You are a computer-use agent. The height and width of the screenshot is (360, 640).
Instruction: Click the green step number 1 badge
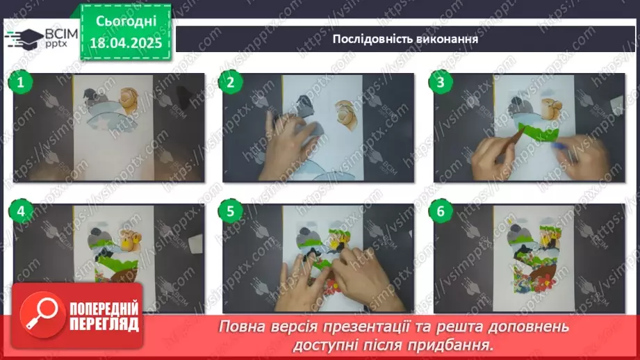tap(21, 83)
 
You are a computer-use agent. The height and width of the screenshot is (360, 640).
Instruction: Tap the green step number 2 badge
tap(231, 83)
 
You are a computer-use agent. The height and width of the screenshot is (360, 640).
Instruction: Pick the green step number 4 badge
tap(21, 211)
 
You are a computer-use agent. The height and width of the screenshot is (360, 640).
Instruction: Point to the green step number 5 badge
tap(231, 211)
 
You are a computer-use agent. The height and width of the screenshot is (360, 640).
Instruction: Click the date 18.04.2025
tap(126, 42)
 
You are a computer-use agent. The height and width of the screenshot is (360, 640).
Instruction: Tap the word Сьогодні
tap(126, 21)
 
